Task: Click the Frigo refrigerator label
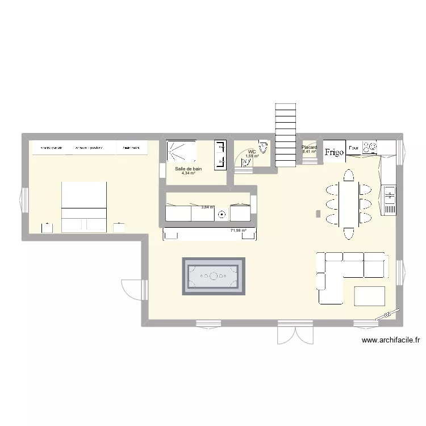pyautogui.click(x=335, y=152)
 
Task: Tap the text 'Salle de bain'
pyautogui.click(x=189, y=169)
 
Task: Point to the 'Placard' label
pyautogui.click(x=310, y=148)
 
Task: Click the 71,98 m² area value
pyautogui.click(x=239, y=231)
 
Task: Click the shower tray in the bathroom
pyautogui.click(x=181, y=152)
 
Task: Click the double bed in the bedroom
pyautogui.click(x=84, y=207)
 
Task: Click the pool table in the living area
pyautogui.click(x=214, y=276)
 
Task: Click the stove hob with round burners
pyautogui.click(x=370, y=148)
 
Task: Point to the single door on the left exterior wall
pyautogui.click(x=129, y=290)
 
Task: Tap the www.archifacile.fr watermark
pyautogui.click(x=391, y=341)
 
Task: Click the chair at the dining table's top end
pyautogui.click(x=348, y=174)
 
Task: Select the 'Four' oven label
pyautogui.click(x=353, y=148)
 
